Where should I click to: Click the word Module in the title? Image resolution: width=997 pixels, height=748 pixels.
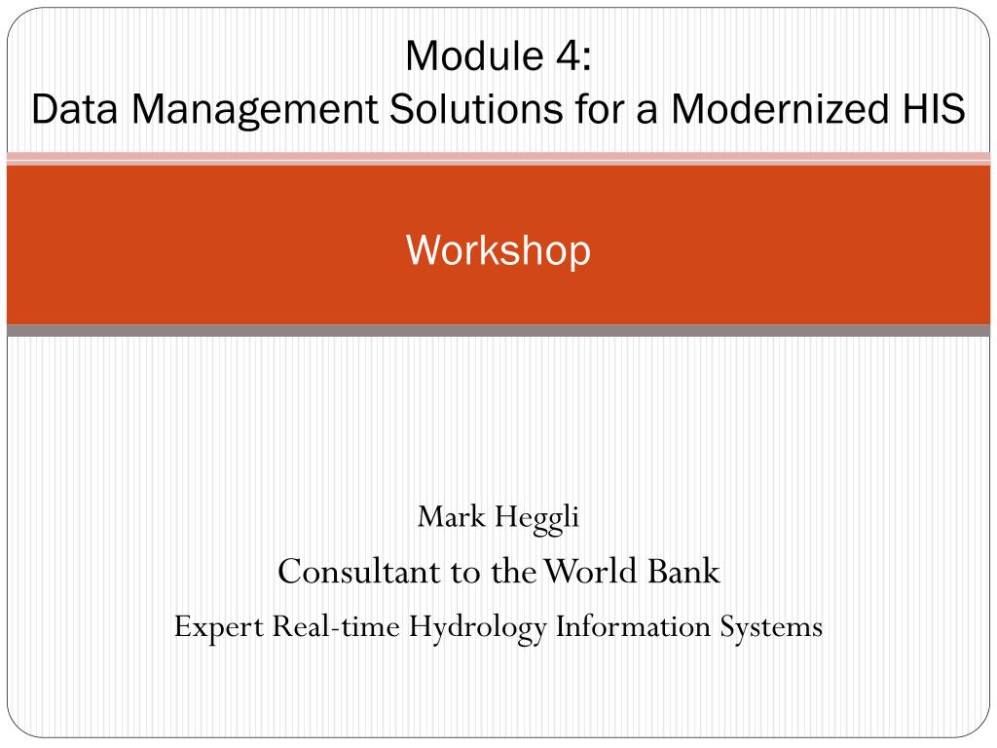click(474, 56)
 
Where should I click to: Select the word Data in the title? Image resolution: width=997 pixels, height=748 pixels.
click(74, 108)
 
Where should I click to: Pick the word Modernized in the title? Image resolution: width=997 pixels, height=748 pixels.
click(779, 108)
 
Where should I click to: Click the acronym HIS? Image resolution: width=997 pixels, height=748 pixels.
click(932, 108)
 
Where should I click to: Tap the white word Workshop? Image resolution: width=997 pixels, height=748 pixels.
click(498, 250)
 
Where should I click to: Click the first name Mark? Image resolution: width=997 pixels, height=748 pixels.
click(452, 516)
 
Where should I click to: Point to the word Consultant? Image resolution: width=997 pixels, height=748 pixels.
click(359, 571)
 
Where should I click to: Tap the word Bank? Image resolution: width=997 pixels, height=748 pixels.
click(684, 571)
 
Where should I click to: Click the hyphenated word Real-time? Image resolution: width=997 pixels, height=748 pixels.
click(336, 626)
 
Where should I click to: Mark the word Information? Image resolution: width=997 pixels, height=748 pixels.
click(633, 626)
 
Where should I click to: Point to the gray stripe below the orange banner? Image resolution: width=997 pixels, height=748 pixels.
click(498, 331)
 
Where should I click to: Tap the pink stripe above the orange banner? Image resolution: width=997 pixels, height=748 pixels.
click(498, 159)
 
